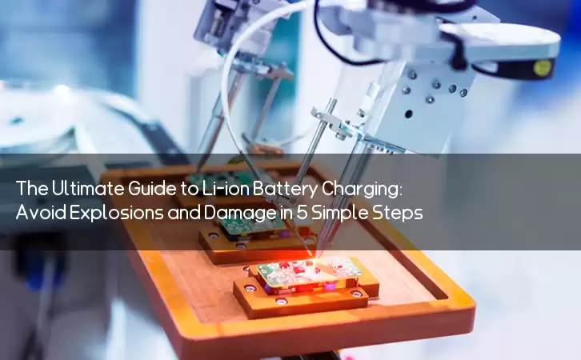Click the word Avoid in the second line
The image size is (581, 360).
click(x=41, y=213)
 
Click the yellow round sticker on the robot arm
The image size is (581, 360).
click(x=542, y=67)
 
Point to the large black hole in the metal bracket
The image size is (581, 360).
click(x=408, y=114)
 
